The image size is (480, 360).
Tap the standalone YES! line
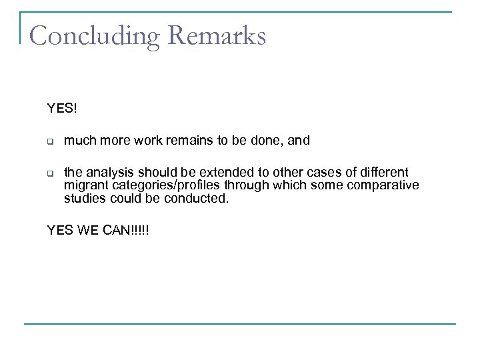click(x=62, y=107)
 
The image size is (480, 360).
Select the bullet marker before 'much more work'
click(x=49, y=141)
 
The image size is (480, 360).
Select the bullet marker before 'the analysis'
click(x=49, y=173)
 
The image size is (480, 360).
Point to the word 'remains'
click(x=176, y=141)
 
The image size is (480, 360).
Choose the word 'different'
click(x=383, y=173)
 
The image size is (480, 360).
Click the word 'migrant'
click(x=84, y=185)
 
